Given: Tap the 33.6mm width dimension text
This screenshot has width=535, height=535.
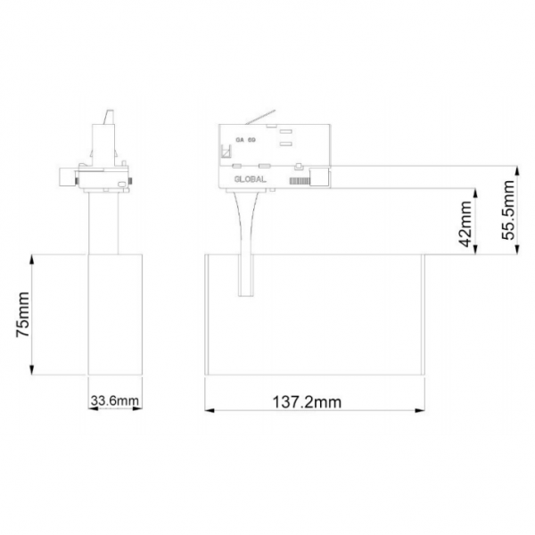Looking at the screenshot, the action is click(115, 400).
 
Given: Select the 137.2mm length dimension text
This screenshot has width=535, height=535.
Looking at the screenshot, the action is click(307, 402).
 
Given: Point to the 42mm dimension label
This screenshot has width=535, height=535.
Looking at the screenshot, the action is click(465, 224).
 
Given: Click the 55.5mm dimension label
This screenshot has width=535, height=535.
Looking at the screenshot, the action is click(507, 210).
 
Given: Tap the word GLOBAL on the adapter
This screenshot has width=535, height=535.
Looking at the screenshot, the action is click(250, 179).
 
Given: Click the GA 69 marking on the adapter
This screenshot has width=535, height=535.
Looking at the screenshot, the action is click(245, 140).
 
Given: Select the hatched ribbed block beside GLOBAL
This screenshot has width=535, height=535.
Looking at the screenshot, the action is click(300, 181).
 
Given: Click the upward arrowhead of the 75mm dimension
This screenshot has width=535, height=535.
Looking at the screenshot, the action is click(32, 261).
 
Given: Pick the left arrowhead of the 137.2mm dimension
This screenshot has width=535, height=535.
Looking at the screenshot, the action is click(210, 410).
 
